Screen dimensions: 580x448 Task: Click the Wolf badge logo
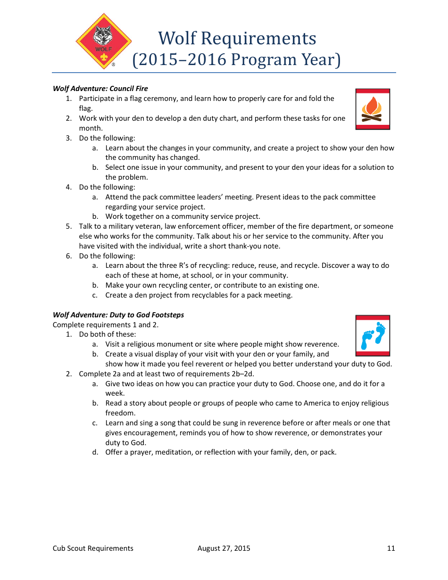104,41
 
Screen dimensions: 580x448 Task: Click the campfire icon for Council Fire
373,109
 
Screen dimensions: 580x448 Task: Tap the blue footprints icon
373,335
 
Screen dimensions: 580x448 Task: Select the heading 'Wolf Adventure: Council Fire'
100,88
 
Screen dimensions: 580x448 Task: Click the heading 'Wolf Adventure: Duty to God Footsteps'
118,315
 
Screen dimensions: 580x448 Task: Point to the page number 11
390,548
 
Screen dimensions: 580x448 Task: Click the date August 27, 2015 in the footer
224,548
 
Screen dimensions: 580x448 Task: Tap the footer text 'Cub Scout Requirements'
93,548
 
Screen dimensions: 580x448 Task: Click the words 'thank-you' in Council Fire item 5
243,246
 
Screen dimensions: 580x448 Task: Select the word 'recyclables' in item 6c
206,295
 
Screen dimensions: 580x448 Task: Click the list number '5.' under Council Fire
69,226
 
